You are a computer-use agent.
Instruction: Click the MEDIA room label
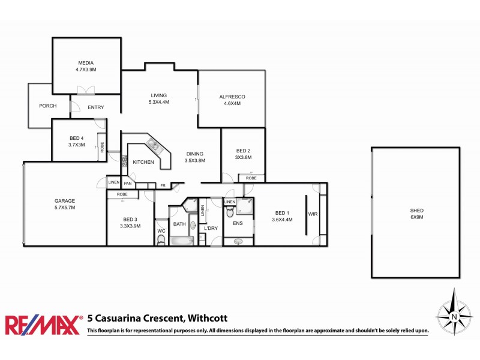[86, 62]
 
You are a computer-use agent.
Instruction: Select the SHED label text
[416, 211]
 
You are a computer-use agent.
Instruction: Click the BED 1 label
[282, 213]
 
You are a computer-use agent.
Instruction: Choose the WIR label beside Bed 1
[313, 214]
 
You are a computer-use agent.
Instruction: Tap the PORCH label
[47, 106]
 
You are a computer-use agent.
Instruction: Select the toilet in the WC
[160, 240]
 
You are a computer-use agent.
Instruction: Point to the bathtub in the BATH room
[181, 241]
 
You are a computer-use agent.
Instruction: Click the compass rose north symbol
[454, 314]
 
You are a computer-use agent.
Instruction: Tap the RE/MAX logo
[43, 325]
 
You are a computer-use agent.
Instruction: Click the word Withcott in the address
[207, 319]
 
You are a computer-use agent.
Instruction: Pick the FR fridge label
[163, 186]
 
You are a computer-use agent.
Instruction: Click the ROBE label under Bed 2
[251, 178]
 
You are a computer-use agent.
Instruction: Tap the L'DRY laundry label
[210, 229]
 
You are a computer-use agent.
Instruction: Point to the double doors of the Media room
[86, 91]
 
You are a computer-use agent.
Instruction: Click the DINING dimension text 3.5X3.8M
[194, 160]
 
